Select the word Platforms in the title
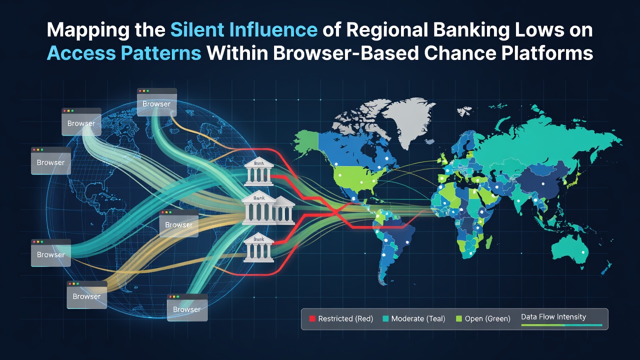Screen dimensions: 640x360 [547, 53]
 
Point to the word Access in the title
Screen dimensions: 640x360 [81, 53]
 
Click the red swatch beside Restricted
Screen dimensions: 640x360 [312, 318]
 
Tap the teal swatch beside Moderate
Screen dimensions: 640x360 [385, 318]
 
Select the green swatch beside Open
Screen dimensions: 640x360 [459, 318]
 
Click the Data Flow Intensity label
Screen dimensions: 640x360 [553, 317]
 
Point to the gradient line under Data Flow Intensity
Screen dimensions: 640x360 [561, 325]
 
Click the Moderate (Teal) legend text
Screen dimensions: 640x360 [418, 318]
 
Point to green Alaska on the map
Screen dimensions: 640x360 [305, 140]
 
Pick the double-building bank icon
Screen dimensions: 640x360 [268, 207]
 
